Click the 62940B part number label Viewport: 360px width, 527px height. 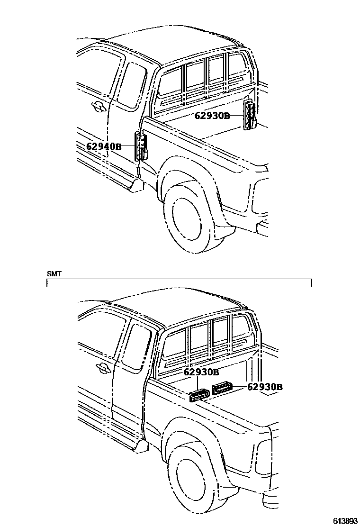point(104,146)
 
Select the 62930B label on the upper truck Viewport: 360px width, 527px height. point(212,115)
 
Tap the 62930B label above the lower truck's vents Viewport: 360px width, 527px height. point(201,372)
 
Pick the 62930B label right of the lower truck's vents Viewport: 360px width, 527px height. point(265,387)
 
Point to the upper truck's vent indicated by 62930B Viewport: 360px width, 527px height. point(250,116)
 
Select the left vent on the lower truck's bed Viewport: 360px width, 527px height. point(199,394)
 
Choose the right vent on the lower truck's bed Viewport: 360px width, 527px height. point(222,389)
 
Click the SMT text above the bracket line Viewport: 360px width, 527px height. point(54,274)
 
